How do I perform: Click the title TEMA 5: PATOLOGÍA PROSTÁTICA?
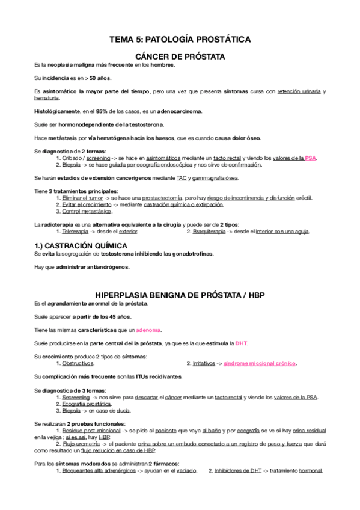tap(180, 40)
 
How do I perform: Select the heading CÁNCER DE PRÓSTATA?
tap(180, 56)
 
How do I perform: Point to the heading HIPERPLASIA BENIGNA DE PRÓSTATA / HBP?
tap(180, 295)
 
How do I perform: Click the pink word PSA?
tap(310, 158)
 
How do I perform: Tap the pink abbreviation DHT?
tap(241, 343)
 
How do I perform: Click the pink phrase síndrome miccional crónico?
tap(260, 364)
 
